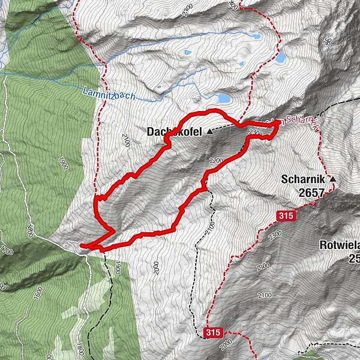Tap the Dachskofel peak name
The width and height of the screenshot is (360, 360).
(174, 130)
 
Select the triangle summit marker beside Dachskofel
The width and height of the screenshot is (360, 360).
(209, 131)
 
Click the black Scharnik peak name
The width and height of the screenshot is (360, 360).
(303, 179)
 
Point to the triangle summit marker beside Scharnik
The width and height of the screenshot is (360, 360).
(332, 179)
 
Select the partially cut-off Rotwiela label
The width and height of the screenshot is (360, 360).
(339, 245)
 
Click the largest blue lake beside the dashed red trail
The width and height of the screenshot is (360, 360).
(280, 57)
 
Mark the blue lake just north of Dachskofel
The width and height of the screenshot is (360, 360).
(223, 98)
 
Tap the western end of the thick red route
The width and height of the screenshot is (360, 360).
(81, 245)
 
